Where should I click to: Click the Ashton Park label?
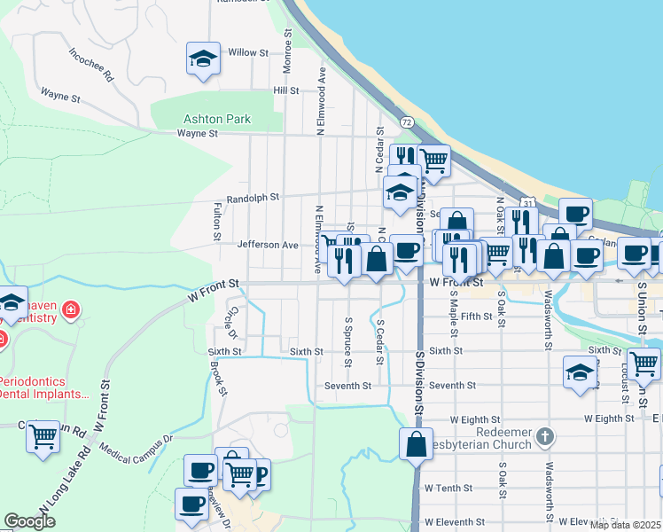[x=217, y=119]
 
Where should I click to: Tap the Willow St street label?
[x=248, y=53]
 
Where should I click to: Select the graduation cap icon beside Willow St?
[x=203, y=60]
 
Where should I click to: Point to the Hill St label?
[x=286, y=90]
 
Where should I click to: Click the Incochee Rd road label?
[x=91, y=64]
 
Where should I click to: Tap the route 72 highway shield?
[x=406, y=121]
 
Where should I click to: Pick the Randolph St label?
[x=253, y=199]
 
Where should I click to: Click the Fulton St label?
[x=216, y=222]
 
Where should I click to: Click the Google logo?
[x=29, y=521]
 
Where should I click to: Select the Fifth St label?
[x=476, y=316]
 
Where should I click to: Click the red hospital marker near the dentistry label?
[x=70, y=311]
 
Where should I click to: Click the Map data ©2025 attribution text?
[x=625, y=525]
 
